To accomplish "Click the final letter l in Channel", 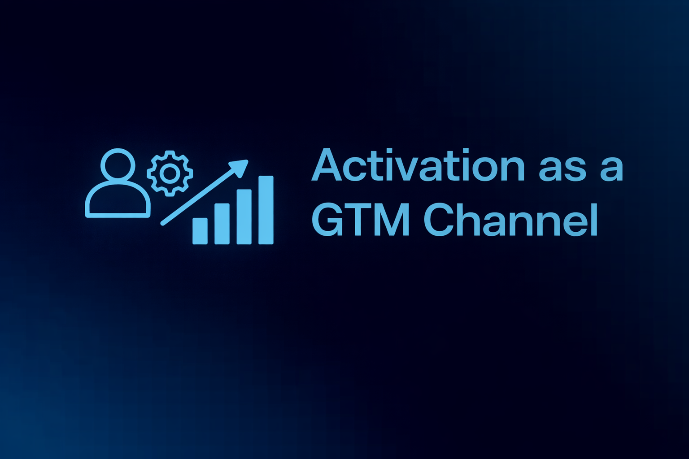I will pyautogui.click(x=594, y=220).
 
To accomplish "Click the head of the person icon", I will pyautogui.click(x=118, y=165).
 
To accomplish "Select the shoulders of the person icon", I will pyautogui.click(x=118, y=202).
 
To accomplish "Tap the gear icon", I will pyautogui.click(x=170, y=173).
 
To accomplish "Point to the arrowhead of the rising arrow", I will pyautogui.click(x=240, y=167).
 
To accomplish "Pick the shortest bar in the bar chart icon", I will pyautogui.click(x=200, y=231).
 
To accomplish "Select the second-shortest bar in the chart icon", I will pyautogui.click(x=222, y=224).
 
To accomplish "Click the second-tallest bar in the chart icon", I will pyautogui.click(x=244, y=217).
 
